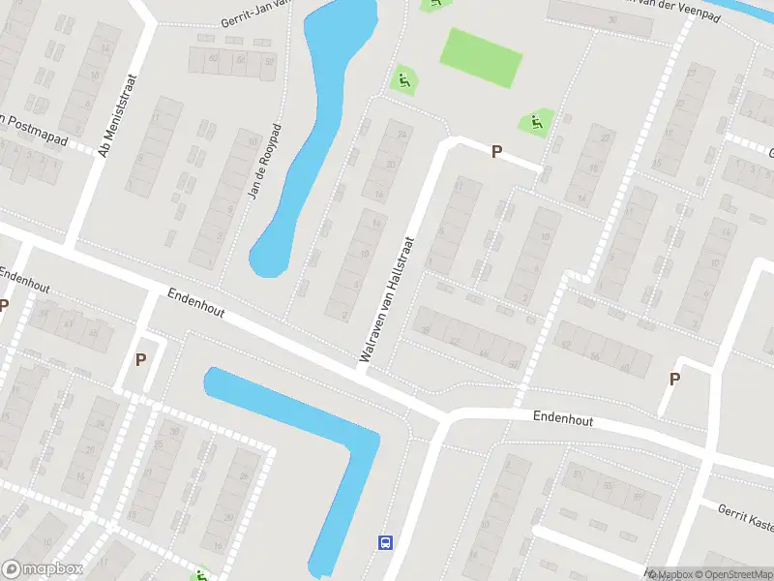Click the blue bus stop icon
point(384,542)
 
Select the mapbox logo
point(43,569)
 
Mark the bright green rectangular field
point(481,57)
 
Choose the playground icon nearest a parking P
point(535,123)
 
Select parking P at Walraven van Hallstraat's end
point(496,152)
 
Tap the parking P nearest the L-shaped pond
point(140,360)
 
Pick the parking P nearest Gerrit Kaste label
point(675,380)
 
